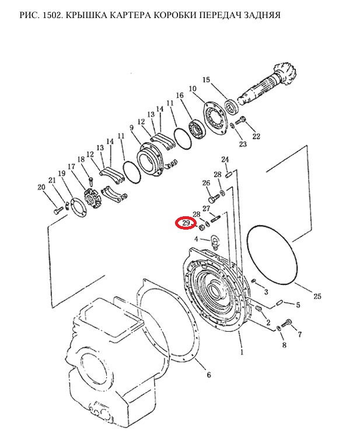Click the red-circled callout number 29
coord(186,223)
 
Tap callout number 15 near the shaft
coord(207,80)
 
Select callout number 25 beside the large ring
coord(317,296)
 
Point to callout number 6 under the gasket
coord(209,375)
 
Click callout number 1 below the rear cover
coord(242,353)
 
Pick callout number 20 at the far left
coord(41,187)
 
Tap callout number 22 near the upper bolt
coord(256,136)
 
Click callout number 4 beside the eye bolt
coord(196,239)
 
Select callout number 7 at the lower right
coord(299,334)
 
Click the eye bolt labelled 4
coord(214,242)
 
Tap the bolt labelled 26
coord(214,198)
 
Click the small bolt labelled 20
coord(58,210)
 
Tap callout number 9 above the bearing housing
coord(132,128)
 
